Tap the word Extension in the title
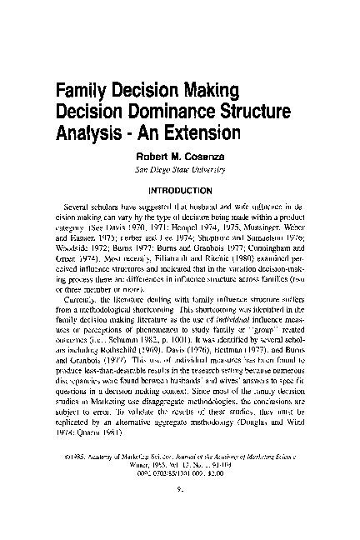click(202, 132)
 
